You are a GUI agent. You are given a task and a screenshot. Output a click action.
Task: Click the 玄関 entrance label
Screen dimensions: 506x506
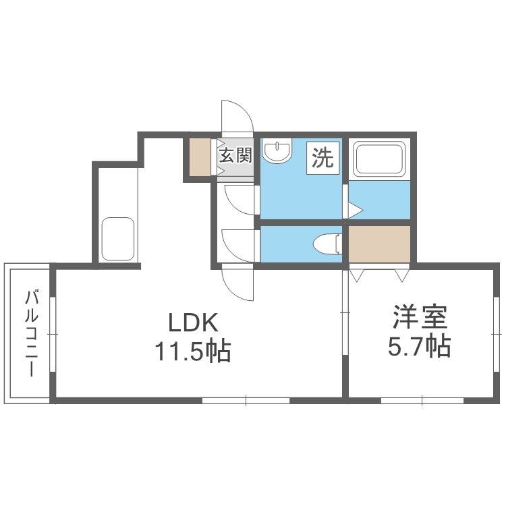pos(235,156)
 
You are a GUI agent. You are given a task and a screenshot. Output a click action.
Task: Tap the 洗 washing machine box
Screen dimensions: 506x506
pos(322,158)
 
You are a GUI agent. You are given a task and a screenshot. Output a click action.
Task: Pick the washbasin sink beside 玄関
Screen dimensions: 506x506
pos(276,152)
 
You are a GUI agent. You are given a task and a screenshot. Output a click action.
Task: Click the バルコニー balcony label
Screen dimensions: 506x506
pos(30,333)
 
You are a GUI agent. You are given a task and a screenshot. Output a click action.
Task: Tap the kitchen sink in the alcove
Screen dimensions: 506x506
pos(117,240)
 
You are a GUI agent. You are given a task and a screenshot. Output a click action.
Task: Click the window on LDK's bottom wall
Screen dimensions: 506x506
pos(246,400)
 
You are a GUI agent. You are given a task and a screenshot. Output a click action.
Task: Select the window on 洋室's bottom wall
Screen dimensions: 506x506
pos(423,400)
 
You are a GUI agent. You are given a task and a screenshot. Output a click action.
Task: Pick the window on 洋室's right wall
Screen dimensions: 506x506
pos(497,333)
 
